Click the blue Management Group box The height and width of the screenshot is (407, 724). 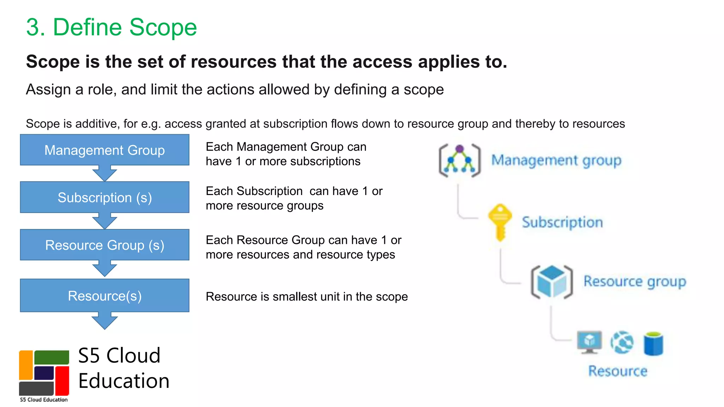coord(105,150)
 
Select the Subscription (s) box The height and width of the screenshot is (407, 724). coord(105,197)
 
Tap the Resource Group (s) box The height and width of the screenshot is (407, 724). coord(105,245)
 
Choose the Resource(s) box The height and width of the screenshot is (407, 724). coord(105,295)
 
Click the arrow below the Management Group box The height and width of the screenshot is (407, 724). coord(105,173)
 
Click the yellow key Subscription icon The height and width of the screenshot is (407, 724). coord(500,222)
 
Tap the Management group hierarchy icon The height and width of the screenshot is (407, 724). coord(460,160)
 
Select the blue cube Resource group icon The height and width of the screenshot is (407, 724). coord(551,282)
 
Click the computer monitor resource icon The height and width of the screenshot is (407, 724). coord(589,342)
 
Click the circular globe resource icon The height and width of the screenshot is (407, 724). coord(622,342)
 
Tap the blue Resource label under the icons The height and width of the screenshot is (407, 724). coord(618,371)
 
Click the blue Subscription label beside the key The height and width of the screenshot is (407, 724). coord(562,222)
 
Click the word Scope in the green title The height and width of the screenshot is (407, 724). coord(163,27)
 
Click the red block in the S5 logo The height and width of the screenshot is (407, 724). coord(62,380)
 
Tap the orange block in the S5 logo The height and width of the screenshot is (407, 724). coord(26,365)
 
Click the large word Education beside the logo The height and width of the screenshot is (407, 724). coord(124,381)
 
